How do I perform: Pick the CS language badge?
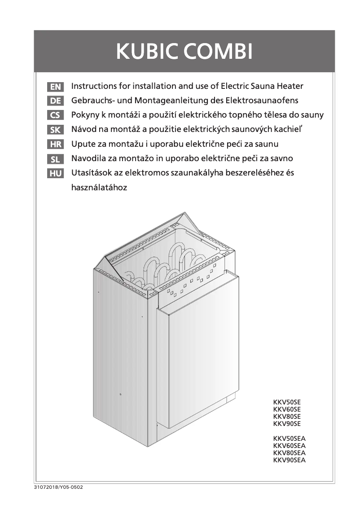pyautogui.click(x=55, y=115)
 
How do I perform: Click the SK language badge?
pyautogui.click(x=55, y=130)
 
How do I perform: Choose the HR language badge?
pyautogui.click(x=55, y=145)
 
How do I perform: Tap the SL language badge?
pyautogui.click(x=55, y=159)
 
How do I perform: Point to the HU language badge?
pyautogui.click(x=55, y=174)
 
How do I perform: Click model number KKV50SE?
pyautogui.click(x=287, y=403)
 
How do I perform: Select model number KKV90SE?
pyautogui.click(x=287, y=424)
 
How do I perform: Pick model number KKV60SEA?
pyautogui.click(x=289, y=446)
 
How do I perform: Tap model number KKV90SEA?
pyautogui.click(x=289, y=460)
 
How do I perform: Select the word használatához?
pyautogui.click(x=99, y=188)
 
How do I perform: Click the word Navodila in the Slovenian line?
pyautogui.click(x=89, y=158)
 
